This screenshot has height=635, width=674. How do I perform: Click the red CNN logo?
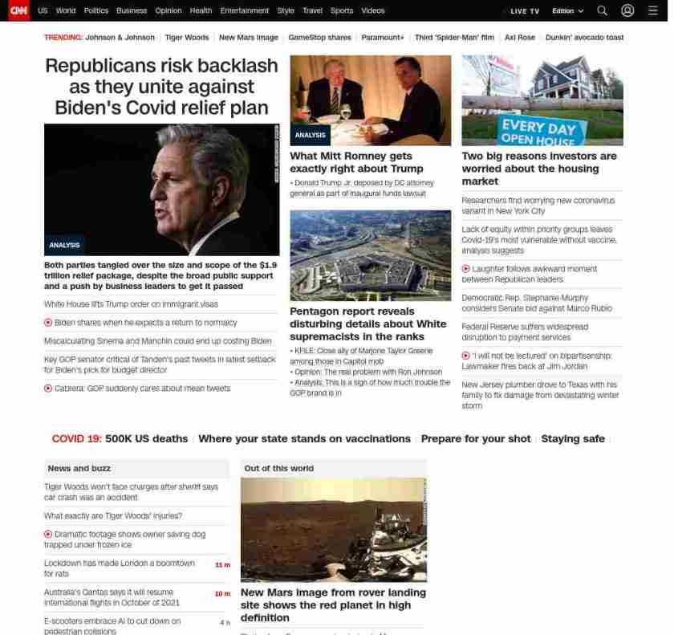18,10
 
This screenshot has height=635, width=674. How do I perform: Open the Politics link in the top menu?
95,11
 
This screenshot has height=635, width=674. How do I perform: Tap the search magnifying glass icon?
602,11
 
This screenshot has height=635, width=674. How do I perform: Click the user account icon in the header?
627,11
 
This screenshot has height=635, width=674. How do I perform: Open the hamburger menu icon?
652,11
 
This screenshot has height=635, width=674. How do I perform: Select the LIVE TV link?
525,11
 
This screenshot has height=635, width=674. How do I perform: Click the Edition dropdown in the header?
567,11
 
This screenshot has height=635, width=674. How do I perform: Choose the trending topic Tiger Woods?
186,38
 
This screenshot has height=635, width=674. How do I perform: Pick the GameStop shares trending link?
319,38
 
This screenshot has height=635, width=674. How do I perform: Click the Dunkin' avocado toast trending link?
584,38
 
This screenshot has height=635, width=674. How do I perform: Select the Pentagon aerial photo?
370,255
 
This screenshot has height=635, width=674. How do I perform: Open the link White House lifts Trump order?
131,304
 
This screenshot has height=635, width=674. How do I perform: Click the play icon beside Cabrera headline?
48,389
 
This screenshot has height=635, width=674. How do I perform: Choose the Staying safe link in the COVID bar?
572,439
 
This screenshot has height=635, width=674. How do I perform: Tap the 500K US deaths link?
146,439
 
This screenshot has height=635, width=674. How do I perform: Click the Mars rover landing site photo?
333,529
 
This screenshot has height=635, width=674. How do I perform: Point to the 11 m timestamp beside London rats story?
222,565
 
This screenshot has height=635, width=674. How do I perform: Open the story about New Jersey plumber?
539,395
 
